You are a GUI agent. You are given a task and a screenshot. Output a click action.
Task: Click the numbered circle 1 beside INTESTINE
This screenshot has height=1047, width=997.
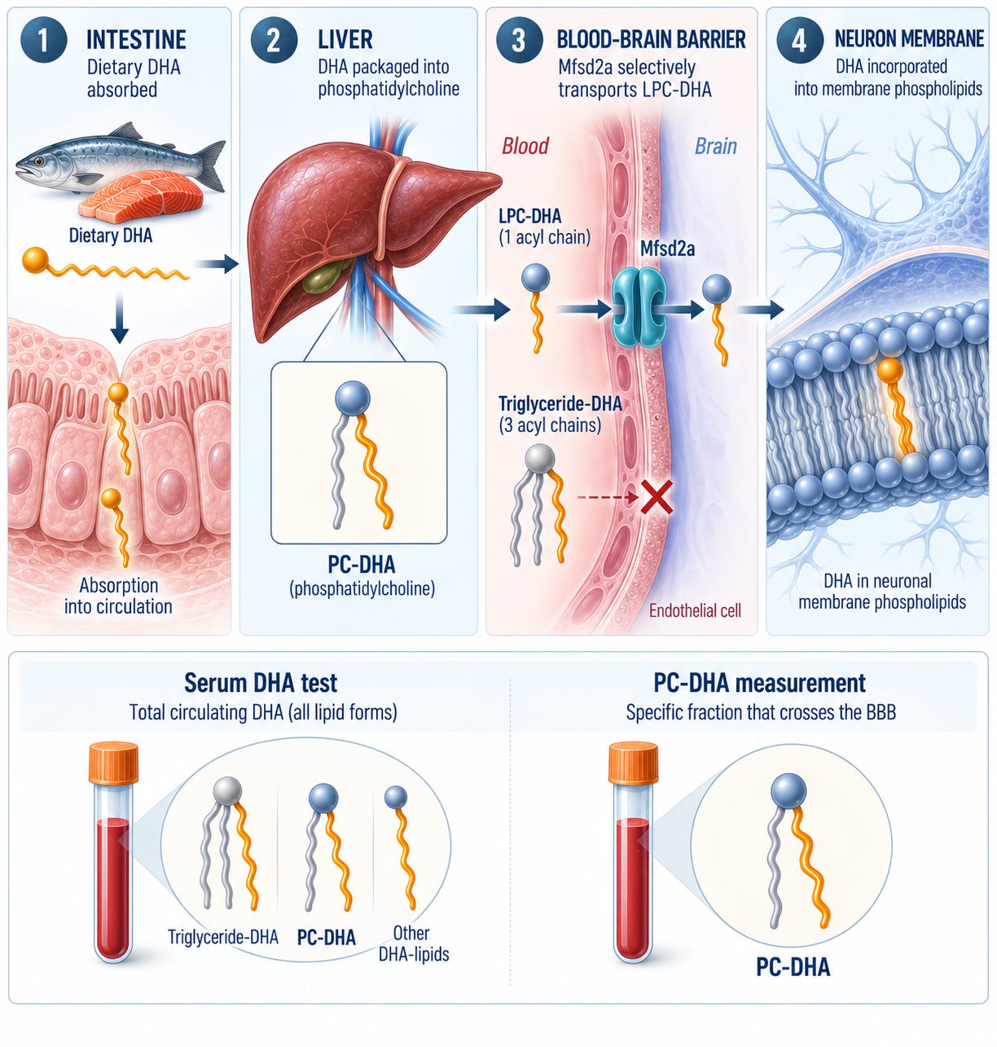[44, 40]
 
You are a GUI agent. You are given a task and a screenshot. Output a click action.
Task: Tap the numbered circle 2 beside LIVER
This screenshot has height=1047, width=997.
[273, 40]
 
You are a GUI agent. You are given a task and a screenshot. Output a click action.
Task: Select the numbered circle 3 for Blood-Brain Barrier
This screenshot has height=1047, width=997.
[519, 40]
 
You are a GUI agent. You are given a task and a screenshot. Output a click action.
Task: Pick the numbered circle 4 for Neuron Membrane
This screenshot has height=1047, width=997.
[798, 40]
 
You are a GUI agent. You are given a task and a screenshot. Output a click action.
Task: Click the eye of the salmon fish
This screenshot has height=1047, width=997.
[38, 161]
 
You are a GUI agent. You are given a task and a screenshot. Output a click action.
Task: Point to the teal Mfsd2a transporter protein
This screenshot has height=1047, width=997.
[639, 307]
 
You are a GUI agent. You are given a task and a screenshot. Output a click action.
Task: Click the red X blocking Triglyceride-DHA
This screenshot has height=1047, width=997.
[657, 497]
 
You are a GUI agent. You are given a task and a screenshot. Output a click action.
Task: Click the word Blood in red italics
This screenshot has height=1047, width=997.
[525, 146]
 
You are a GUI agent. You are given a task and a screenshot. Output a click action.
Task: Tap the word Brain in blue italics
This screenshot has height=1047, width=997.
[715, 146]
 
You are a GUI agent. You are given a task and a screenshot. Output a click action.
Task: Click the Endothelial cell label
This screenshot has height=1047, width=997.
[695, 610]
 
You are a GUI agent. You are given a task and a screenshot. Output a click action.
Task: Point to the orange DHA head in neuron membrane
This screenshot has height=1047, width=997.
[889, 371]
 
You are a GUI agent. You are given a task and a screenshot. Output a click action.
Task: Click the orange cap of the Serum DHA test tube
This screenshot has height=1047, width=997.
[113, 764]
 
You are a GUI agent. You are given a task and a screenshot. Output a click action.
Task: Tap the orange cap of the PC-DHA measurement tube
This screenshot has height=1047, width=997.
[633, 763]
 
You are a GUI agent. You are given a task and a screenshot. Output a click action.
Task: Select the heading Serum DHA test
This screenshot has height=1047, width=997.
[261, 683]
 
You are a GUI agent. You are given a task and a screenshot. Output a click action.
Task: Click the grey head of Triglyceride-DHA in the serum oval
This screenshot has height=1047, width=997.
[227, 791]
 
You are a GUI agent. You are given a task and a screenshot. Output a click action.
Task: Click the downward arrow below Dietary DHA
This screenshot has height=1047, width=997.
[119, 318]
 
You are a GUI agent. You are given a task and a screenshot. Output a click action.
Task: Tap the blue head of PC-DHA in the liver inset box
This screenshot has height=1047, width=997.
[353, 398]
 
